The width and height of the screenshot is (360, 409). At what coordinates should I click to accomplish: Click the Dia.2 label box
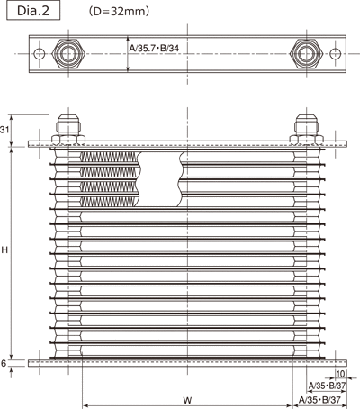tap(33, 11)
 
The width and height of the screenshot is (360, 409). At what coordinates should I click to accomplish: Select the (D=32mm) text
tap(119, 12)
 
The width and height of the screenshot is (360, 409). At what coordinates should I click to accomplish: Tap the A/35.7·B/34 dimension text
tap(154, 48)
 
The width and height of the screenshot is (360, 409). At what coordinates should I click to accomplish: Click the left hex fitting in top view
tap(68, 54)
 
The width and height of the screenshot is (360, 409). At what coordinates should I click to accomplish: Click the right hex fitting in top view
tap(306, 54)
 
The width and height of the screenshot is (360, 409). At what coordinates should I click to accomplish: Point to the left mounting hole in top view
tap(40, 54)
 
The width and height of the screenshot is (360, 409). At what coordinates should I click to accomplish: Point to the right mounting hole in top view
tap(335, 54)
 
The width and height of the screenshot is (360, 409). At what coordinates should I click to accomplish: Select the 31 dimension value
tap(4, 130)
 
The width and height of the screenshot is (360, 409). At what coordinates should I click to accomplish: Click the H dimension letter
tap(4, 250)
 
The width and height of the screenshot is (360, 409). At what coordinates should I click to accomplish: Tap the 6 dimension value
tap(4, 363)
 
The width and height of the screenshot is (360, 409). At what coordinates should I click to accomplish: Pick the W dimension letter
tap(187, 400)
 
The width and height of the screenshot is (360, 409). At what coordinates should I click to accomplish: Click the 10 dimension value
tap(340, 374)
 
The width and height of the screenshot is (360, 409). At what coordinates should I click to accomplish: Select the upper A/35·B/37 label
tap(327, 386)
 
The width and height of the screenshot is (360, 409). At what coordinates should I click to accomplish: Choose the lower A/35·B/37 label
tap(319, 400)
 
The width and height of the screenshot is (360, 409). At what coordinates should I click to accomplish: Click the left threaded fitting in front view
tap(68, 129)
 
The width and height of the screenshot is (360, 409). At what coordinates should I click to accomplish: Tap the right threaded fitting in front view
tap(306, 129)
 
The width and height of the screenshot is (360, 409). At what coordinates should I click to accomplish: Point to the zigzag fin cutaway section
tap(110, 179)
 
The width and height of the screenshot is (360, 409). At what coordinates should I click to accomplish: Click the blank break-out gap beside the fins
tap(159, 179)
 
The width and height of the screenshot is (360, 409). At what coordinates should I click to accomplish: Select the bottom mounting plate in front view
tap(188, 363)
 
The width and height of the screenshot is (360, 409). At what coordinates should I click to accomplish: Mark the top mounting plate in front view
tap(188, 144)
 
